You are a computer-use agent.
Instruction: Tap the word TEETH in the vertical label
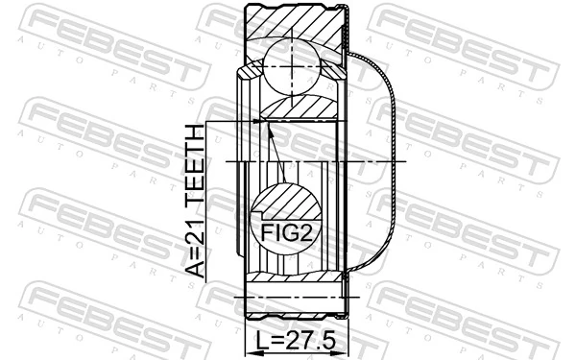tap(194, 164)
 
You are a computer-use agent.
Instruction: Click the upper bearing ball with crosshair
tap(291, 65)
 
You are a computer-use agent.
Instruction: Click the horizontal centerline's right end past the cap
tap(408, 163)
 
